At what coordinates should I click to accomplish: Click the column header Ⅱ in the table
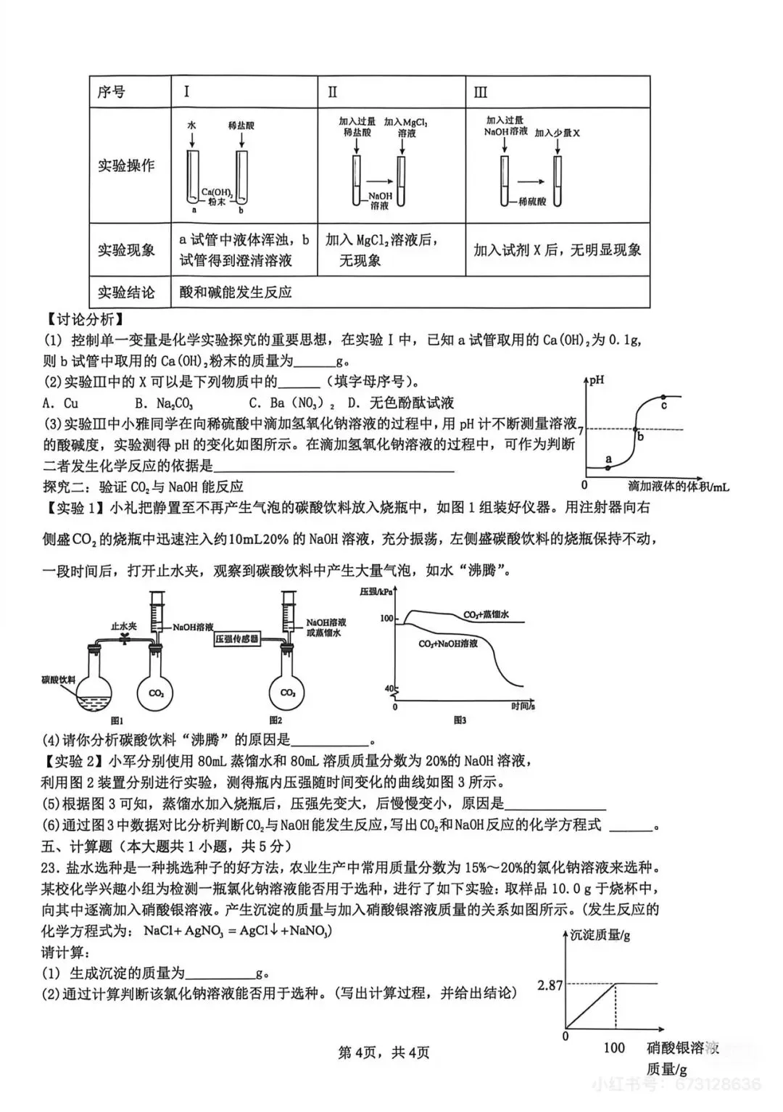point(333,92)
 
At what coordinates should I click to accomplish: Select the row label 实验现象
point(126,250)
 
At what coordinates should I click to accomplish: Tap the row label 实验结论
point(126,292)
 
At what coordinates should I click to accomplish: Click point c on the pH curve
point(663,398)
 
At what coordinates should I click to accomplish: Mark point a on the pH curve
point(608,468)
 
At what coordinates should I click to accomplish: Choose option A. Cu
point(60,403)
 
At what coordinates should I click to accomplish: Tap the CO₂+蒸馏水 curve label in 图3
point(486,615)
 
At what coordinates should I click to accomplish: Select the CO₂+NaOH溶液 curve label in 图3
point(448,643)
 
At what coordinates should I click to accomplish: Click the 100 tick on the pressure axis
point(386,619)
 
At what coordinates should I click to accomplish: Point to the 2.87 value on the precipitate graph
point(550,984)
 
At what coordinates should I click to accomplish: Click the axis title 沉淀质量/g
point(600,935)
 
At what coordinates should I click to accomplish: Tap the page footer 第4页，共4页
point(384,1052)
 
